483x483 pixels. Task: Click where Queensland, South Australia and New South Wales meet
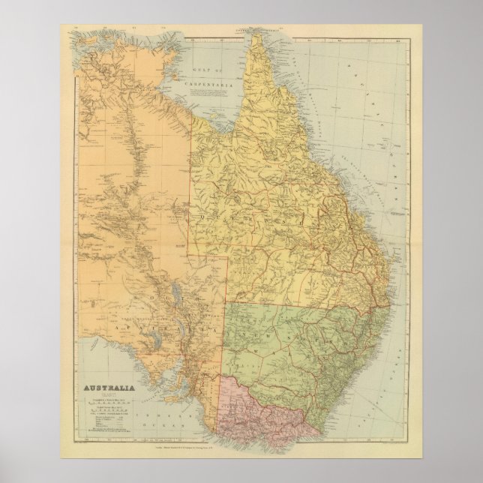click(x=227, y=303)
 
